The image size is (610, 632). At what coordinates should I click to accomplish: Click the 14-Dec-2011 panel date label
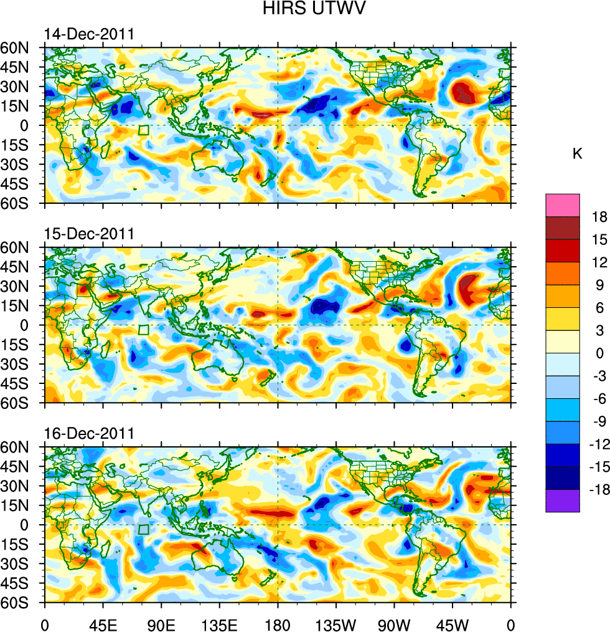pyautogui.click(x=88, y=34)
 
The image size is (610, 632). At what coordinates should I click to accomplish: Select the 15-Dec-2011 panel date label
pyautogui.click(x=88, y=234)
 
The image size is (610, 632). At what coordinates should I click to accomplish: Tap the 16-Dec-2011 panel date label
pyautogui.click(x=88, y=434)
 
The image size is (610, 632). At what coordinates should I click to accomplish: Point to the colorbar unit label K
pyautogui.click(x=577, y=154)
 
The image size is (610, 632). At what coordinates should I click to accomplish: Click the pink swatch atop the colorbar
pyautogui.click(x=562, y=205)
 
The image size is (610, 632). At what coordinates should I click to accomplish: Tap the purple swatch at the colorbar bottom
pyautogui.click(x=562, y=500)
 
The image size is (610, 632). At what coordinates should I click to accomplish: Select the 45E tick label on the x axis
pyautogui.click(x=103, y=623)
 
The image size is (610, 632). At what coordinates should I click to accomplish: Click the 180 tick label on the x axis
pyautogui.click(x=278, y=623)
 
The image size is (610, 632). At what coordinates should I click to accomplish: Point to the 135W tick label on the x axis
pyautogui.click(x=335, y=623)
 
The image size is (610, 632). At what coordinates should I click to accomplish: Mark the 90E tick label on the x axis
pyautogui.click(x=161, y=623)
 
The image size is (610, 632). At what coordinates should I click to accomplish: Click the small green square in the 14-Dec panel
pyautogui.click(x=144, y=130)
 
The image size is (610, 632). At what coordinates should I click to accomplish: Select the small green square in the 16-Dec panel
pyautogui.click(x=144, y=529)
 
